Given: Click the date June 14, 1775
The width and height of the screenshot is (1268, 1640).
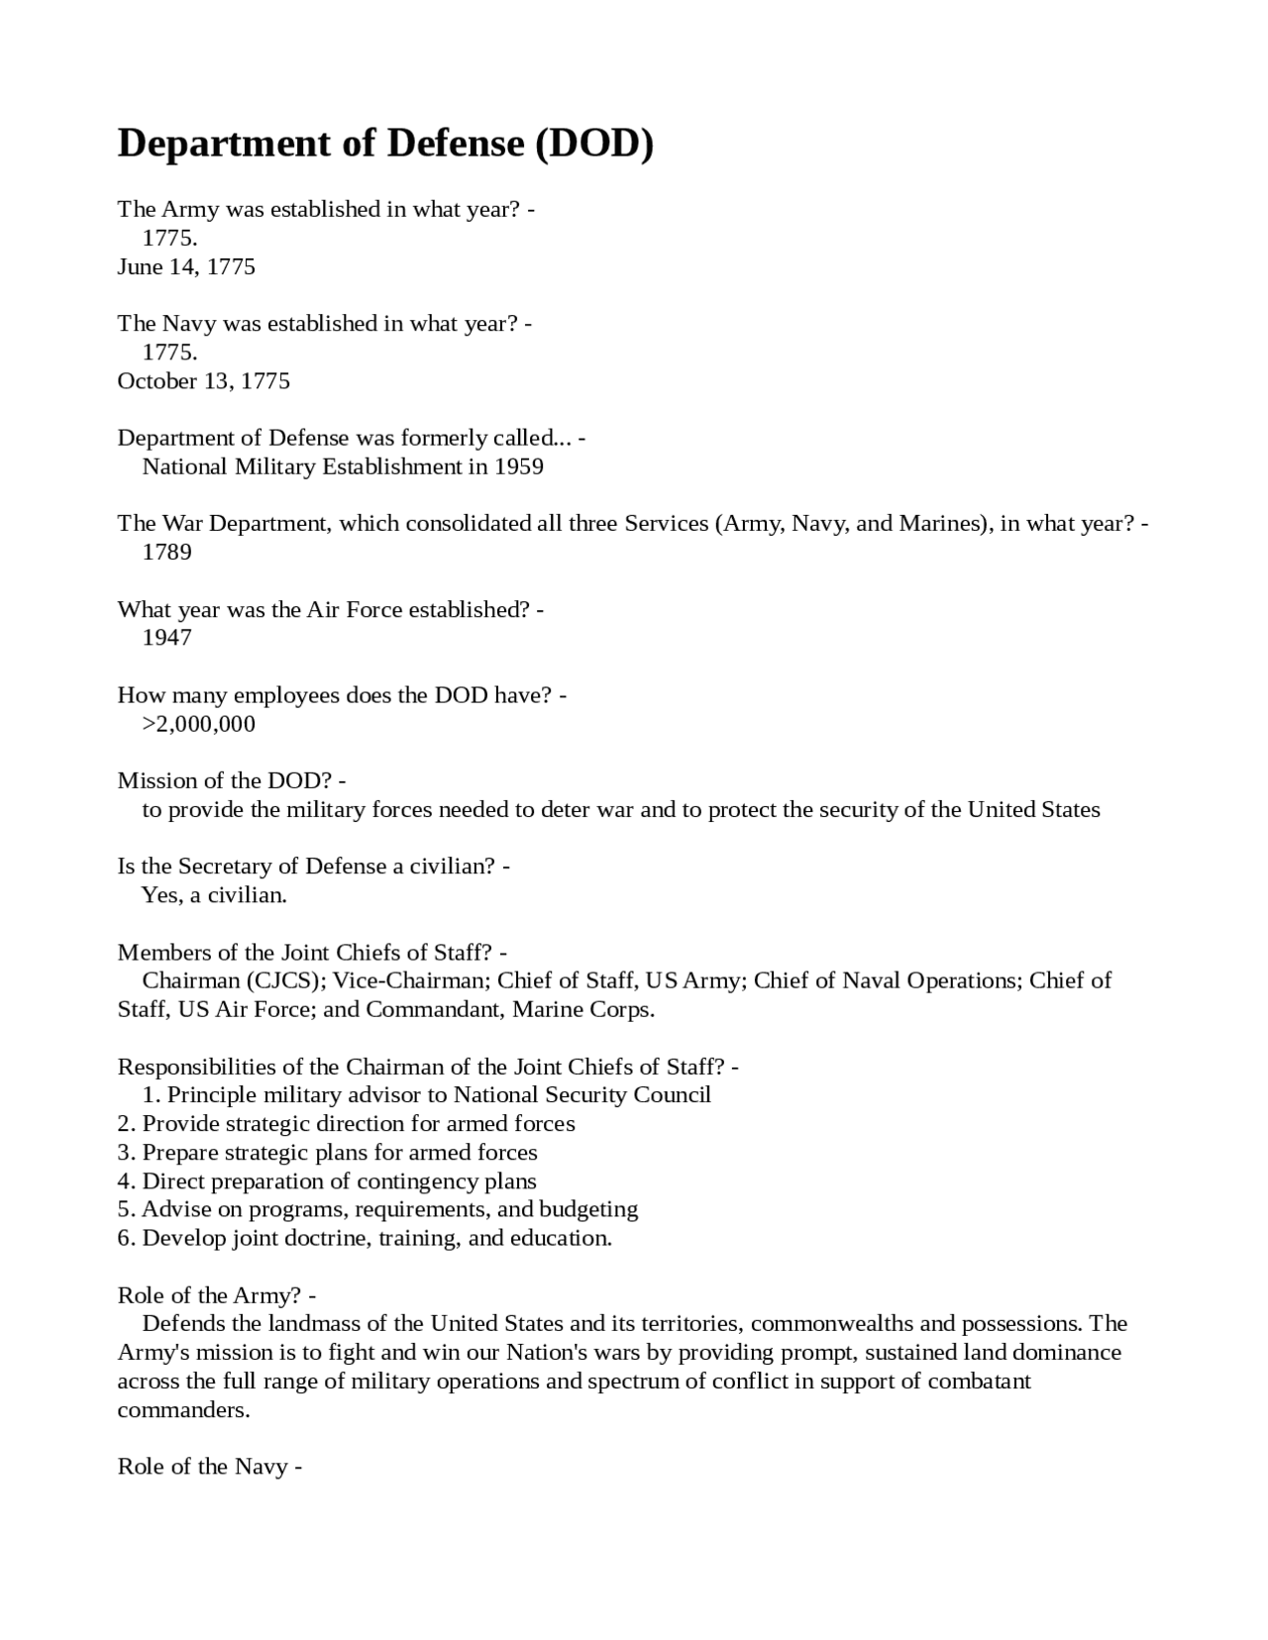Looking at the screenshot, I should [186, 266].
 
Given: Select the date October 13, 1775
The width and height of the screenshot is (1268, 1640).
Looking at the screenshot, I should [203, 381].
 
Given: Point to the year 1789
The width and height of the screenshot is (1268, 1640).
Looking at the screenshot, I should [166, 552].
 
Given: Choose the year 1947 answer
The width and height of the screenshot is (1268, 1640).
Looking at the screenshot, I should [166, 638].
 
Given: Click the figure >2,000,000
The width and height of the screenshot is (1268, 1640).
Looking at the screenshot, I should [198, 724].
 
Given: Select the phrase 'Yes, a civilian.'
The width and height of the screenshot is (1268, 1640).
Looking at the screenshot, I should [214, 895].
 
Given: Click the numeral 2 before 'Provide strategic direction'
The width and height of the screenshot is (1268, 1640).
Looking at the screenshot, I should [123, 1124].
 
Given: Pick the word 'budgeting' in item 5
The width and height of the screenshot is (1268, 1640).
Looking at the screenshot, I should [588, 1209].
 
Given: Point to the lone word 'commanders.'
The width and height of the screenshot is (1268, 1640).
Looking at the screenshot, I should [183, 1410].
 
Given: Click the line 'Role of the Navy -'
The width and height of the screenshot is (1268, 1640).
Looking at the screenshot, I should [209, 1467].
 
